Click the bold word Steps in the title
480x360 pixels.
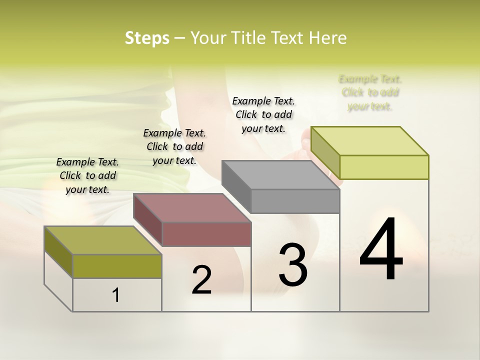pyautogui.click(x=146, y=38)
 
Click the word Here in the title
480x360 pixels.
pyautogui.click(x=328, y=38)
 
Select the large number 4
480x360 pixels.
pyautogui.click(x=381, y=250)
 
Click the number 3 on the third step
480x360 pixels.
pyautogui.click(x=293, y=265)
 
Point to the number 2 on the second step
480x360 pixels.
pyautogui.click(x=201, y=280)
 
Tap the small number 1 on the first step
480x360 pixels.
pyautogui.click(x=116, y=295)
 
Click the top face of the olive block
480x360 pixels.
pyautogui.click(x=102, y=240)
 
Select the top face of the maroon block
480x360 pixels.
pyautogui.click(x=192, y=207)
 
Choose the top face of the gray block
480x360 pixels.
pyautogui.click(x=280, y=175)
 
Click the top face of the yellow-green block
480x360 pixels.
pyautogui.click(x=369, y=140)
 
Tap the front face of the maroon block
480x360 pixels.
pyautogui.click(x=206, y=234)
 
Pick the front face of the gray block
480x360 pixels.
pyautogui.click(x=295, y=201)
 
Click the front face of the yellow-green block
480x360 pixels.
pyautogui.click(x=384, y=167)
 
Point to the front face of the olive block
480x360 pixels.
pyautogui.click(x=117, y=266)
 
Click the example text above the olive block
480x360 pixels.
pyautogui.click(x=87, y=175)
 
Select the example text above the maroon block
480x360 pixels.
pyautogui.click(x=174, y=146)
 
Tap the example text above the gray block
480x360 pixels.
pyautogui.click(x=263, y=114)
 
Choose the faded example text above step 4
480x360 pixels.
pyautogui.click(x=370, y=92)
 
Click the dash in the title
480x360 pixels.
pyautogui.click(x=179, y=38)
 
